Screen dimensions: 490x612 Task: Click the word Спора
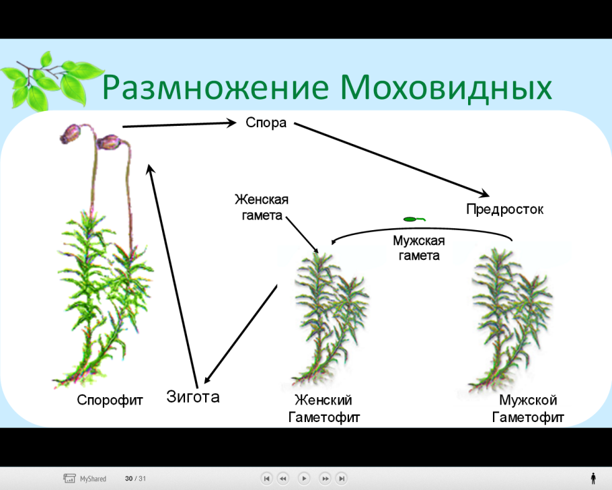coord(266,123)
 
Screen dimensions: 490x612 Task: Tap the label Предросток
coord(504,209)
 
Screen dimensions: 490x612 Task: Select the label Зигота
coord(193,396)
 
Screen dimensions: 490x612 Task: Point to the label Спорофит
coord(110,400)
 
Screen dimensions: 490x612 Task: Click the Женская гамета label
coord(261,207)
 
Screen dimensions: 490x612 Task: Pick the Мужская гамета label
coord(418,248)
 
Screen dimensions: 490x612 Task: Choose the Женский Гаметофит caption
coord(324,409)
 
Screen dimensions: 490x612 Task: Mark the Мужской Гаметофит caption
coord(528,409)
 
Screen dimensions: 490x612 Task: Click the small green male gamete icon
coord(413,219)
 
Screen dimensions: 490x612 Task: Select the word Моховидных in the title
coord(446,88)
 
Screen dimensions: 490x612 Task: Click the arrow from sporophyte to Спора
coord(178,124)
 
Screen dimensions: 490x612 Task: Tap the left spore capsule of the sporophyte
coord(69,134)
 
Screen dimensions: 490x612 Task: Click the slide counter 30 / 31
coord(135,479)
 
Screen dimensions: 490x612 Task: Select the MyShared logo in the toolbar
coord(85,479)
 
